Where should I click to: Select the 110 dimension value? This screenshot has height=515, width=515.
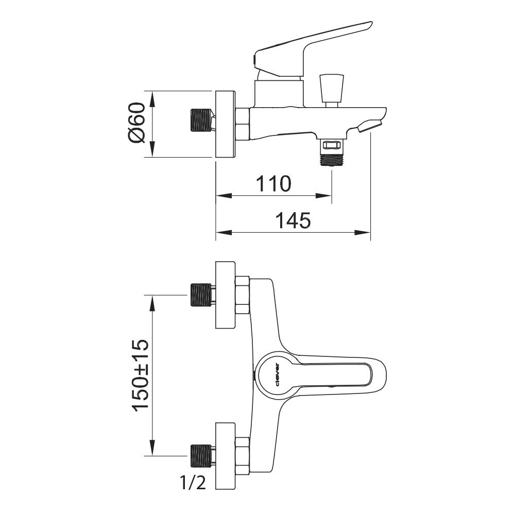(x=273, y=183)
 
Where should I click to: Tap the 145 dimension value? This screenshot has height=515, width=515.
(x=293, y=220)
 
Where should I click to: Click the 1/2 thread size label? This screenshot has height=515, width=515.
(x=193, y=483)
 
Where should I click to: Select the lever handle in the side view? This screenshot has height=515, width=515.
(x=313, y=49)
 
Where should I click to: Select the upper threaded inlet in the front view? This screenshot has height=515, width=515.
(x=200, y=295)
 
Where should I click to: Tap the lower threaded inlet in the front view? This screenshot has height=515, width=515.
(x=200, y=456)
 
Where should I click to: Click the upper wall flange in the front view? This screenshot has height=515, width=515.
(x=226, y=295)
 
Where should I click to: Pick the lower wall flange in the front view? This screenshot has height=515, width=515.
(x=226, y=456)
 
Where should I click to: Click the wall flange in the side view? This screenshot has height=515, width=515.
(x=226, y=124)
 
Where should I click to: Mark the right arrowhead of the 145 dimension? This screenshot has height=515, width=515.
(x=363, y=233)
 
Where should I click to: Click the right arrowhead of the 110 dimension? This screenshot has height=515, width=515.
(x=323, y=196)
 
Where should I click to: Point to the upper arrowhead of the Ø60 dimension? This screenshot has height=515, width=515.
(x=152, y=99)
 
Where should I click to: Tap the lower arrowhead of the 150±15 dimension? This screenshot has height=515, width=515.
(x=152, y=448)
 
